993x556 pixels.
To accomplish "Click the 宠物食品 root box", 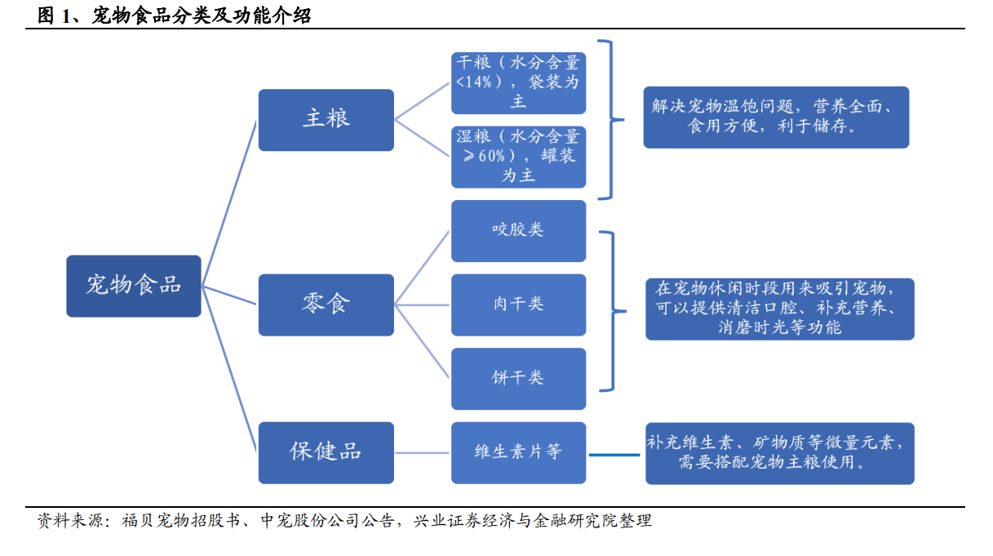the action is pos(134,286).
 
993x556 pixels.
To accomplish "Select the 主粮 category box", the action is pos(326,120).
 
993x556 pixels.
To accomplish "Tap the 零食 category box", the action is pos(326,305).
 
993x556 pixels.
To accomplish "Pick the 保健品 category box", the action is pos(326,452).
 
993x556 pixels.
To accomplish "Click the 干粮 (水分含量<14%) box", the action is pos(518,83).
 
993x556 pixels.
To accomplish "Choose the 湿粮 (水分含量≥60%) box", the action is pos(518,157).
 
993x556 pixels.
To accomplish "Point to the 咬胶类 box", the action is pos(518,231).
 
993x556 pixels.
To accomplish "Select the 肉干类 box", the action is pos(518,305).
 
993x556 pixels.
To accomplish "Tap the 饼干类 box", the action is pos(518,379).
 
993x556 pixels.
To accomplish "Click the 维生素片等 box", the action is pos(518,452).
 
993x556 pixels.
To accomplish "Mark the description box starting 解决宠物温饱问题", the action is pos(776,117).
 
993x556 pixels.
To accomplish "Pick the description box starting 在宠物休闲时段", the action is pos(779,309).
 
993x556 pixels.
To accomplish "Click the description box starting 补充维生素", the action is pos(779,453).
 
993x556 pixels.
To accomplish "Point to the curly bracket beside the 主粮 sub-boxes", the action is pos(611,120).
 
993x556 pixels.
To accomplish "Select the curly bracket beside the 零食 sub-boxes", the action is pos(613,311).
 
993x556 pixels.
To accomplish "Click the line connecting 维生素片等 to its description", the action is pos(614,455).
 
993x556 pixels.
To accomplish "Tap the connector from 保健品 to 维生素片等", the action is pos(422,452).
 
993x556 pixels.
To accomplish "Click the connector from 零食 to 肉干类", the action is pos(422,305).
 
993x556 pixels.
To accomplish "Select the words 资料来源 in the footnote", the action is pos(70,520).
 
